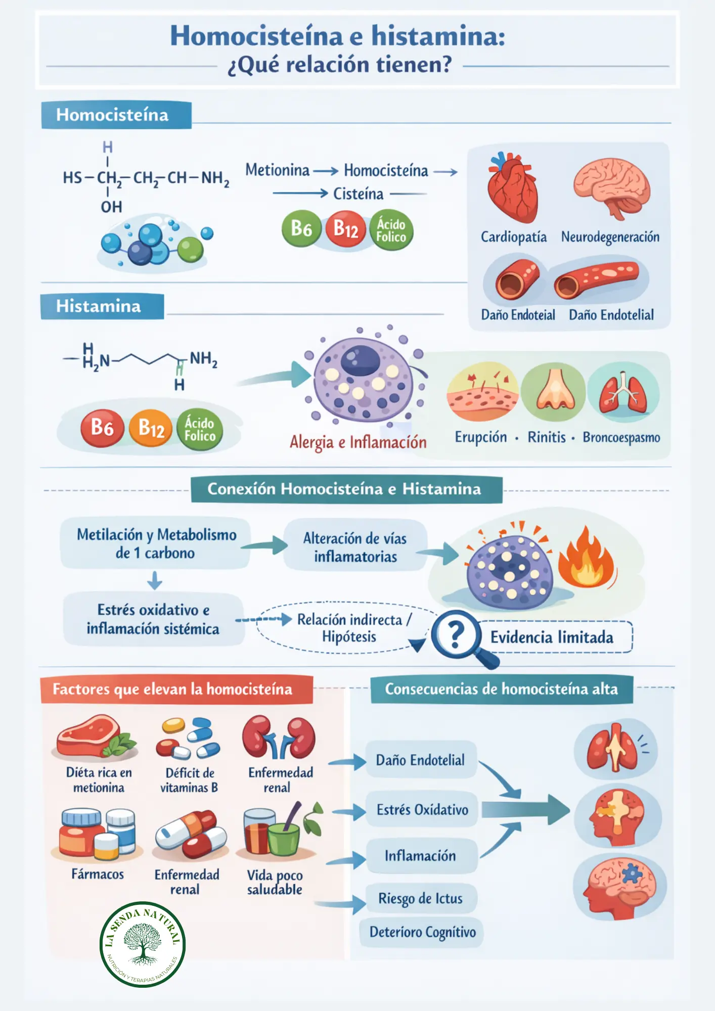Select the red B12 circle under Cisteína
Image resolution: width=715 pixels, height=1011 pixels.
point(346,229)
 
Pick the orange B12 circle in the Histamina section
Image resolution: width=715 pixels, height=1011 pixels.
point(151,429)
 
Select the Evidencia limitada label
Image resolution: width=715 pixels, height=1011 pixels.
point(552,637)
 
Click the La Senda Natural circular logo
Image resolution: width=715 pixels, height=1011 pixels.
point(143,944)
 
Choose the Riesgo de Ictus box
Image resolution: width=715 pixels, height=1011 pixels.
point(420,899)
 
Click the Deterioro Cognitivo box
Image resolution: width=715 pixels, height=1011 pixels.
point(422,932)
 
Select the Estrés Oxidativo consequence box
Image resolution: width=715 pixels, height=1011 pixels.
point(422,810)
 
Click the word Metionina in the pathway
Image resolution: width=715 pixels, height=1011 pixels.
point(277,170)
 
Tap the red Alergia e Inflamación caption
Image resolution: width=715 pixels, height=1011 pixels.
point(358,442)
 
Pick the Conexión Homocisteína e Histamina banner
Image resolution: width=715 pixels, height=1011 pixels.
point(346,489)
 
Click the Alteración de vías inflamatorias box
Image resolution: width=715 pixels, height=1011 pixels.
point(355,547)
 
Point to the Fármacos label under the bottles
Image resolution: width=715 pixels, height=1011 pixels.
point(98,874)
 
